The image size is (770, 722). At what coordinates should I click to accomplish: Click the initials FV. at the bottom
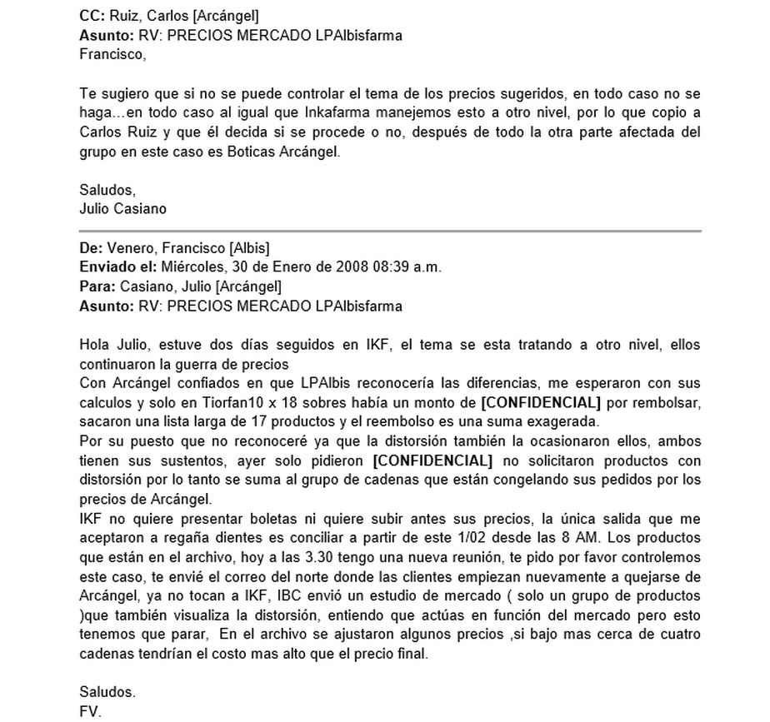90,712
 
